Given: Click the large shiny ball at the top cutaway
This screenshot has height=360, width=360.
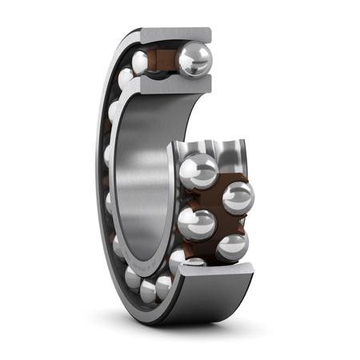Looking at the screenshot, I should pos(194,59).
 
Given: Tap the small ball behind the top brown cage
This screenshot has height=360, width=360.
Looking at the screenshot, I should pos(142,61).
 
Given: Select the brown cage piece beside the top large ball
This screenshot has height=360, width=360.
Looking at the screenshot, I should pos(165,60).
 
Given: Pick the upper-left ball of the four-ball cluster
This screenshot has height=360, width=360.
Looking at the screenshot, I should pos(197,170).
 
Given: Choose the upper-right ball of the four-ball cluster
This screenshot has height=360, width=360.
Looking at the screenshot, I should pos(238,197).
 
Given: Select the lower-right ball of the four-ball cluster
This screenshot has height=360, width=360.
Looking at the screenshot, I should pos(232,246).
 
